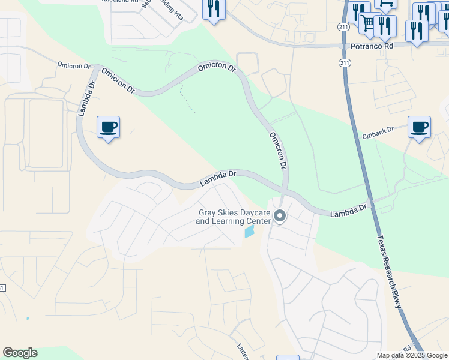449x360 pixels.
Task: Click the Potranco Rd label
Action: pyautogui.click(x=372, y=46)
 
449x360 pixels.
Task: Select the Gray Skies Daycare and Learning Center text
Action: pyautogui.click(x=234, y=217)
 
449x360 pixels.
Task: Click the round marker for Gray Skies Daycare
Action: pyautogui.click(x=280, y=216)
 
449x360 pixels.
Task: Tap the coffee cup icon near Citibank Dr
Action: pyautogui.click(x=419, y=127)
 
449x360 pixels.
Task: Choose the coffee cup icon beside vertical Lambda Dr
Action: pyautogui.click(x=108, y=127)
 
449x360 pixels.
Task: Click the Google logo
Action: pyautogui.click(x=20, y=353)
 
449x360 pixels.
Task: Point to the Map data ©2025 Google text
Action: pyautogui.click(x=412, y=355)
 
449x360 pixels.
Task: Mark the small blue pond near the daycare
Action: pyautogui.click(x=249, y=232)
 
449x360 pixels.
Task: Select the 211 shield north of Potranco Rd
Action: pyautogui.click(x=342, y=27)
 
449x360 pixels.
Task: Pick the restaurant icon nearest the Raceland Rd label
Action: pyautogui.click(x=213, y=9)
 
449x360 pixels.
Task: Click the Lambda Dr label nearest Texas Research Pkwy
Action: pyautogui.click(x=348, y=211)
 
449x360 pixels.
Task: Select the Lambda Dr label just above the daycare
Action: pyautogui.click(x=218, y=177)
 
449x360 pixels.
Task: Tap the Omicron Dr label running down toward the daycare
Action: pyautogui.click(x=277, y=150)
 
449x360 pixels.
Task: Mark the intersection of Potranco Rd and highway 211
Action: pyautogui.click(x=343, y=46)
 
